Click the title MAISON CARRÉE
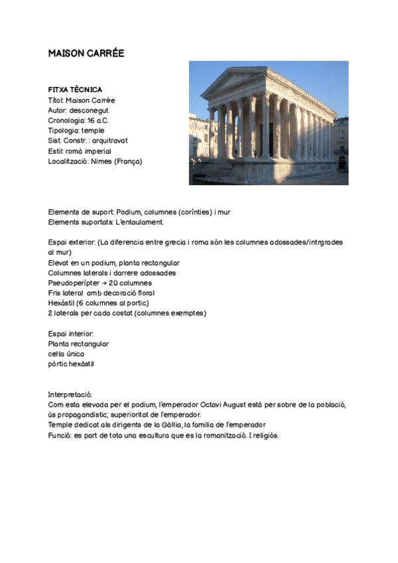(86, 53)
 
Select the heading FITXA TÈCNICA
(75, 90)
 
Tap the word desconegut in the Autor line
(92, 110)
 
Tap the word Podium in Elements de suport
(129, 212)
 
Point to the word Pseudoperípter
(72, 283)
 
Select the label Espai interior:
(71, 333)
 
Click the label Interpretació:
(70, 394)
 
